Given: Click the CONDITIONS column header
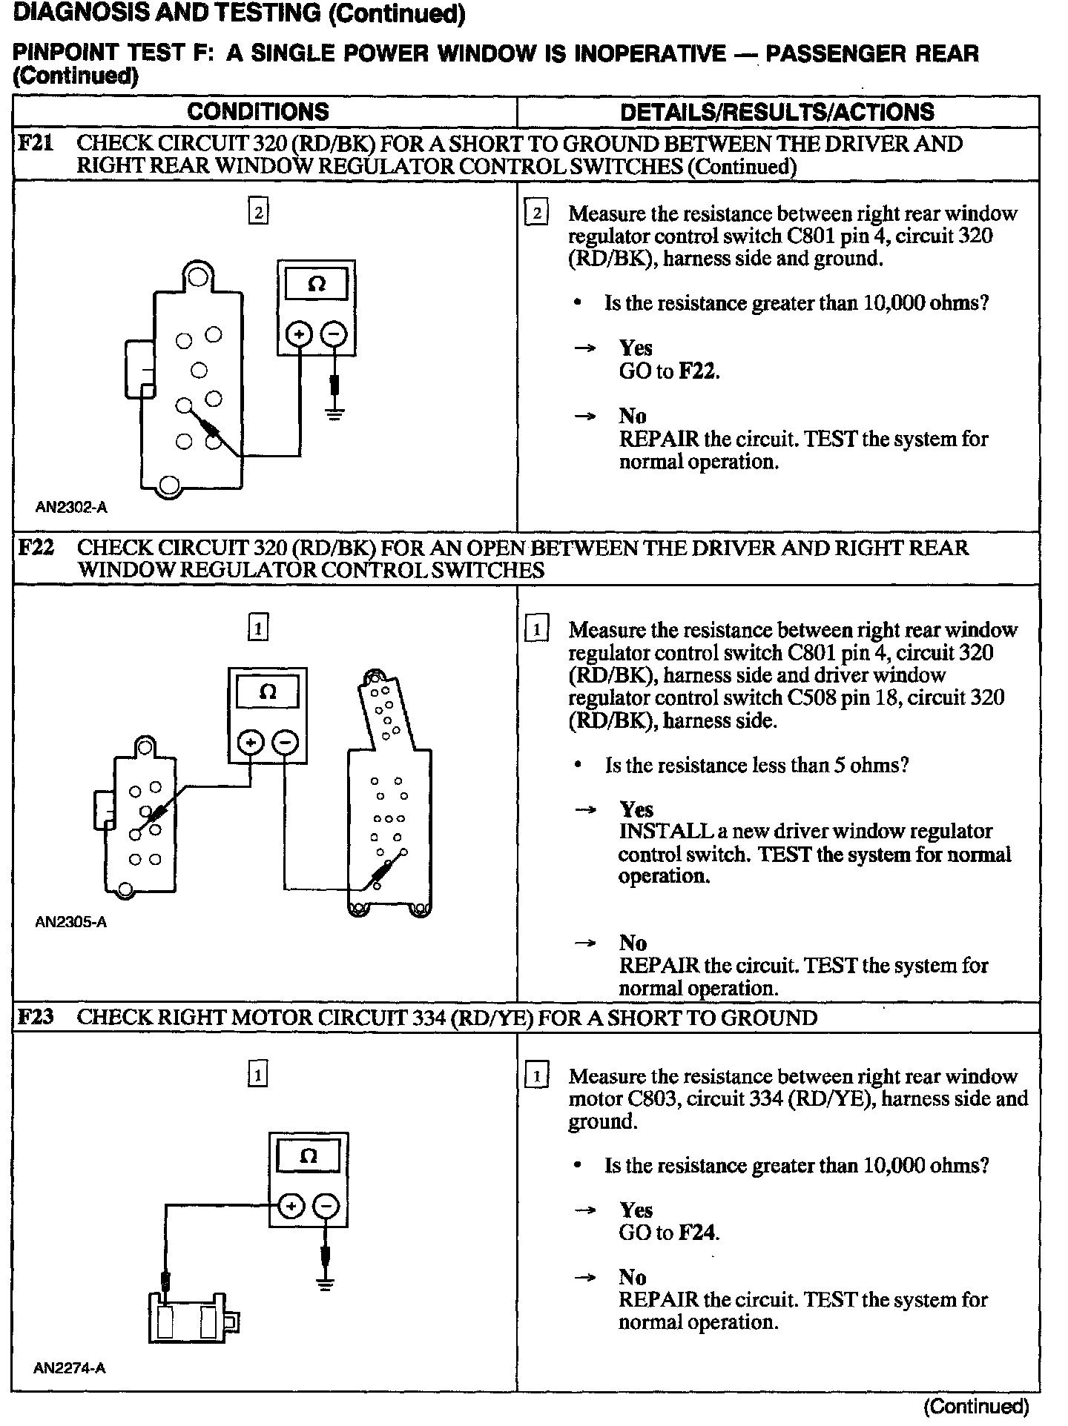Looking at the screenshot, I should coord(257,112).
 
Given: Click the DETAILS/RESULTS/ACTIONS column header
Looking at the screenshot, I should coord(777,112).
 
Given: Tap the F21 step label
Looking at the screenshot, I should coord(36,143).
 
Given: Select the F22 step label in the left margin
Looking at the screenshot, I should coord(36,548).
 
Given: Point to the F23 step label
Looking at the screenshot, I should coord(36,1017).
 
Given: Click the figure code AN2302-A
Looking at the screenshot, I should coord(71,508).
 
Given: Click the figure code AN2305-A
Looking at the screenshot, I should coord(71,923).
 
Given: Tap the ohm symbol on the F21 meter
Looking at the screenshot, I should coord(317,285).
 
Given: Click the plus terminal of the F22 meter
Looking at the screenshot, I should coord(251,742).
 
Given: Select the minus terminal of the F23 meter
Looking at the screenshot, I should coord(327,1207).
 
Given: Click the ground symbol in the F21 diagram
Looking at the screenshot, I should coord(335,412).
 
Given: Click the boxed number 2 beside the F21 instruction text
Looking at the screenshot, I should coord(535,214).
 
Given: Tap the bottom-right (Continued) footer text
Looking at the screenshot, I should coord(976,1406).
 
